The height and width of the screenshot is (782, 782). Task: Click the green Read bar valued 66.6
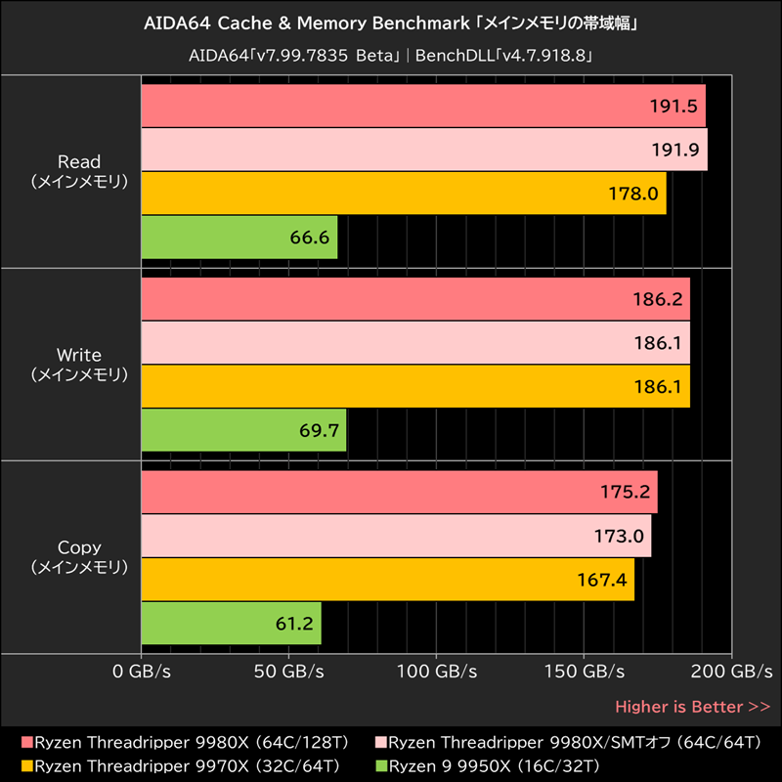239,238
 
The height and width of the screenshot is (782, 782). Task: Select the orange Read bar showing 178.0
404,194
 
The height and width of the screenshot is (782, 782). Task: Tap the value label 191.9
673,150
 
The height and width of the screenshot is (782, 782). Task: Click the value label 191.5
673,107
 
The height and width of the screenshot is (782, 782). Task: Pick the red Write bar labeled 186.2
415,299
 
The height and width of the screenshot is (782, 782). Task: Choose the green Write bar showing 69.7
244,430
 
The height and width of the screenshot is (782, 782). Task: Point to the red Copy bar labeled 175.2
399,492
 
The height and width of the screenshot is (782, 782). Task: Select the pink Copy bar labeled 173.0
396,536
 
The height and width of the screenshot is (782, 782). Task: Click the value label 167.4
601,580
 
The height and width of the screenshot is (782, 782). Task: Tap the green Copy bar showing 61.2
232,623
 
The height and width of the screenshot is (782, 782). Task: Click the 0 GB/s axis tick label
142,673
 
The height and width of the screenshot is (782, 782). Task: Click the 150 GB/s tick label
584,673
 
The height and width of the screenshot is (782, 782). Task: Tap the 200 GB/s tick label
730,673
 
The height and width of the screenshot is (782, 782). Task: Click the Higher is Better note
692,706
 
